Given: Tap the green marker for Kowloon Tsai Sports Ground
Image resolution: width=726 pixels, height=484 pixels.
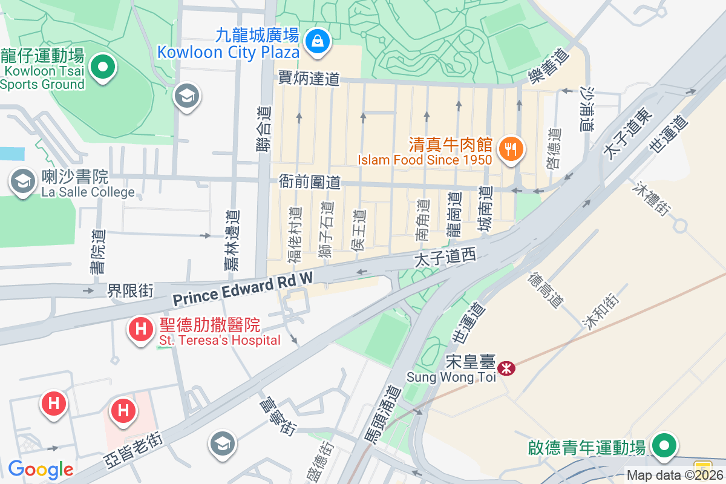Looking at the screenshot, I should pos(103,66).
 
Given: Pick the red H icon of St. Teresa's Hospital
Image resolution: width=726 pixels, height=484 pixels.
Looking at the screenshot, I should pos(141,330).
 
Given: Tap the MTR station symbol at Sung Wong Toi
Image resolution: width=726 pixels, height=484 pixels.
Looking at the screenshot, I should pos(506,367).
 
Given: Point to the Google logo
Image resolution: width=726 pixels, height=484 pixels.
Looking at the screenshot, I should pos(41,469).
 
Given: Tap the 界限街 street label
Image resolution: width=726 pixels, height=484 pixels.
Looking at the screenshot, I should pos(130,290).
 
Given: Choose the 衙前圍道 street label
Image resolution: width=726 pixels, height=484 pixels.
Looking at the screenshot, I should pos(310,181).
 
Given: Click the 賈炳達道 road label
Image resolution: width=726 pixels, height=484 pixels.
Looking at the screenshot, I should pos(309,79).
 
